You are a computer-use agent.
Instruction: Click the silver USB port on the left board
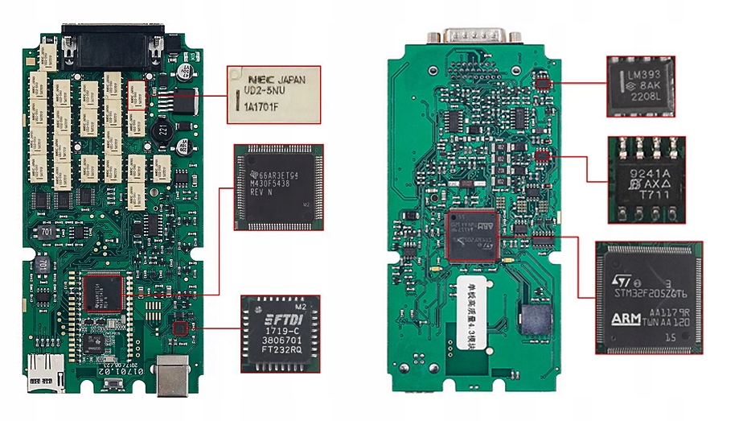(172, 375)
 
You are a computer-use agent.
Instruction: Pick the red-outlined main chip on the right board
(471, 235)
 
